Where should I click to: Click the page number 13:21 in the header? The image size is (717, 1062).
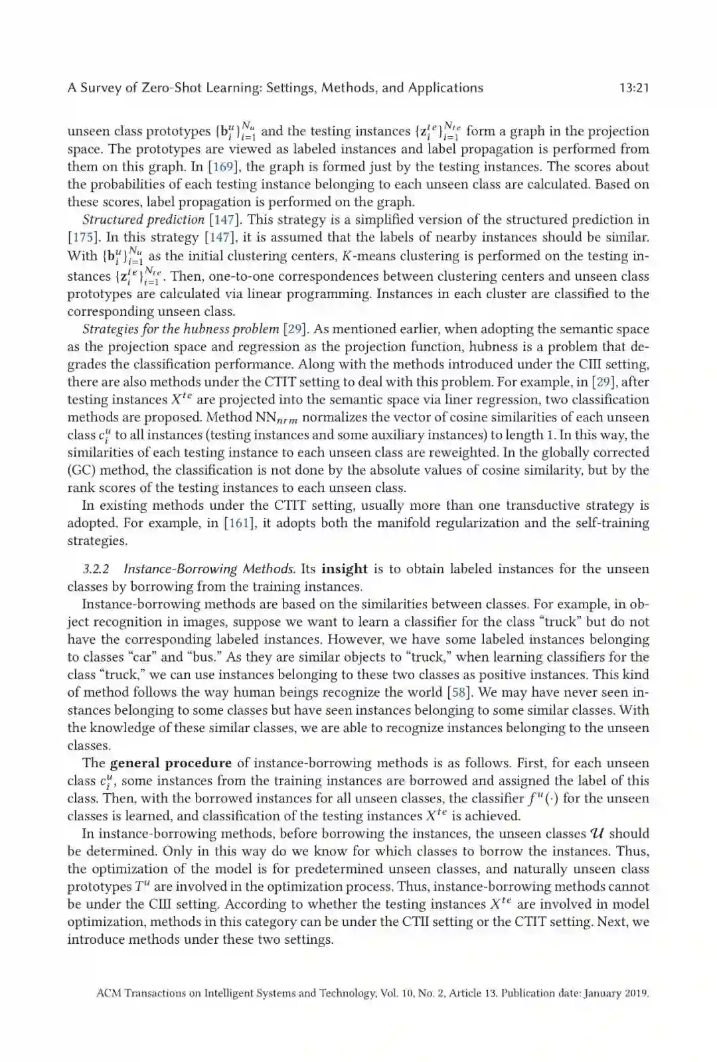click(633, 88)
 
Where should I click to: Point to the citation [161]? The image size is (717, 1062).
click(238, 523)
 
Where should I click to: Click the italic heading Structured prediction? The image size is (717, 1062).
click(143, 220)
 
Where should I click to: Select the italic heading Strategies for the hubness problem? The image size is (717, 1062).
click(180, 329)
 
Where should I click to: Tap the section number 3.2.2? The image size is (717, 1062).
click(96, 569)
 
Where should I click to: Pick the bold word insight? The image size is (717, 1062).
click(344, 569)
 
